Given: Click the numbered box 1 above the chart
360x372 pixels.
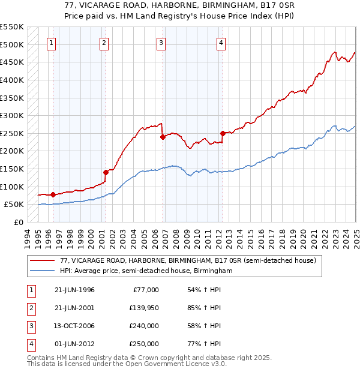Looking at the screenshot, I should click(52, 43).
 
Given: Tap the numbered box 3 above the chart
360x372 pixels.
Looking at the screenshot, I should click(161, 43).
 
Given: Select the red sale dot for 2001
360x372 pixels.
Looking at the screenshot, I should click(106, 172).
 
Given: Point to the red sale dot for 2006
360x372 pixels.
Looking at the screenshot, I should click(163, 137).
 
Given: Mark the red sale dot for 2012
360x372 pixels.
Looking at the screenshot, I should click(223, 133).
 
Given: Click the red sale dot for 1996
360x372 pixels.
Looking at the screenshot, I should click(53, 194).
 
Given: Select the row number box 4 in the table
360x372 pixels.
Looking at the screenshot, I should click(30, 344).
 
